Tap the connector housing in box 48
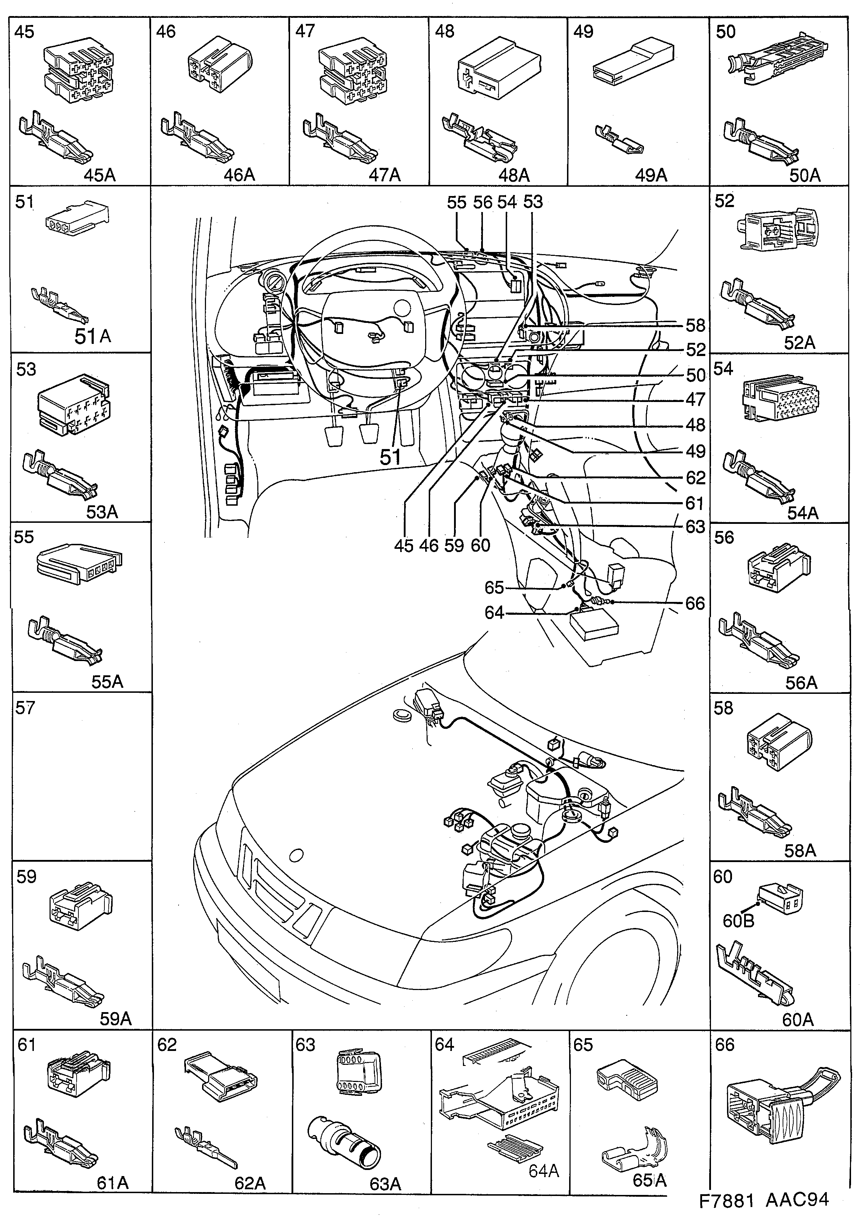(x=498, y=68)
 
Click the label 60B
(x=738, y=921)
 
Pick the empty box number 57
(x=25, y=708)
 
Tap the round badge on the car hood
(x=296, y=855)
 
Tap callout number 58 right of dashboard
(x=696, y=325)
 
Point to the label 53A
(x=102, y=512)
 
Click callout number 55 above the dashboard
(x=457, y=202)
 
